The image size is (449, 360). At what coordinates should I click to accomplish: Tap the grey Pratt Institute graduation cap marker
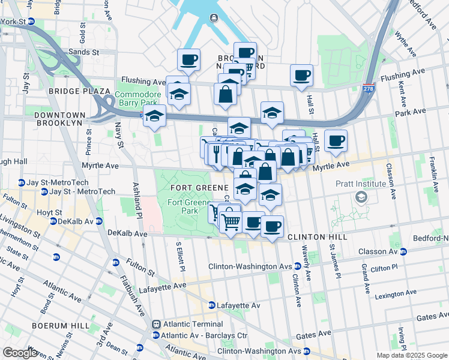pyautogui.click(x=361, y=197)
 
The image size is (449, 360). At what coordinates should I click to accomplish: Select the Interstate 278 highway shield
pyautogui.click(x=369, y=87)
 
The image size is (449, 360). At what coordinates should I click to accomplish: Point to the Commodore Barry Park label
pyautogui.click(x=138, y=98)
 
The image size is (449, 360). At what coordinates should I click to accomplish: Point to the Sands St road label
pyautogui.click(x=83, y=52)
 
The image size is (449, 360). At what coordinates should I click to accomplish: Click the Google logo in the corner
pyautogui.click(x=19, y=353)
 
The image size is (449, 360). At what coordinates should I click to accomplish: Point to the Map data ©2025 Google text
pyautogui.click(x=411, y=355)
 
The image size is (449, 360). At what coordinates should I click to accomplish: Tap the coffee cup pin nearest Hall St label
pyautogui.click(x=301, y=76)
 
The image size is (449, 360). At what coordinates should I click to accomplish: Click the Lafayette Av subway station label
pyautogui.click(x=238, y=305)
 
